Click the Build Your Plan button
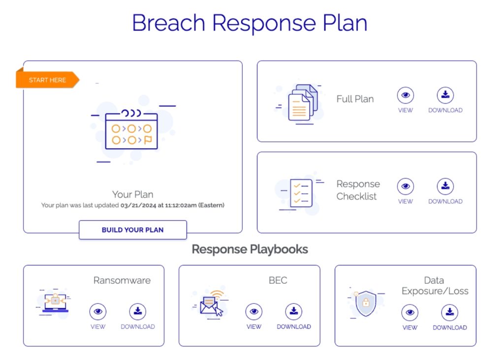click(133, 229)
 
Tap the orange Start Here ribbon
click(47, 79)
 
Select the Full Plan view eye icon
click(406, 95)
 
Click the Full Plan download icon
click(445, 95)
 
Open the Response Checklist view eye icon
click(406, 186)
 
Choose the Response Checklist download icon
click(445, 186)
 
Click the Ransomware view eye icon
click(98, 311)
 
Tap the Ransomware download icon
click(138, 311)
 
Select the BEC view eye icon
click(254, 311)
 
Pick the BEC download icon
click(294, 311)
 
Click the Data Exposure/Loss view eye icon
click(410, 312)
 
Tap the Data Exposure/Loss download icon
click(450, 312)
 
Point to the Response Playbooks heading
click(250, 249)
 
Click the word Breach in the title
click(169, 23)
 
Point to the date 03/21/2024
click(138, 205)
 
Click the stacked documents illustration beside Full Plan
click(303, 102)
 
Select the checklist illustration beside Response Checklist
click(301, 193)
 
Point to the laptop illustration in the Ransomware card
click(55, 303)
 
